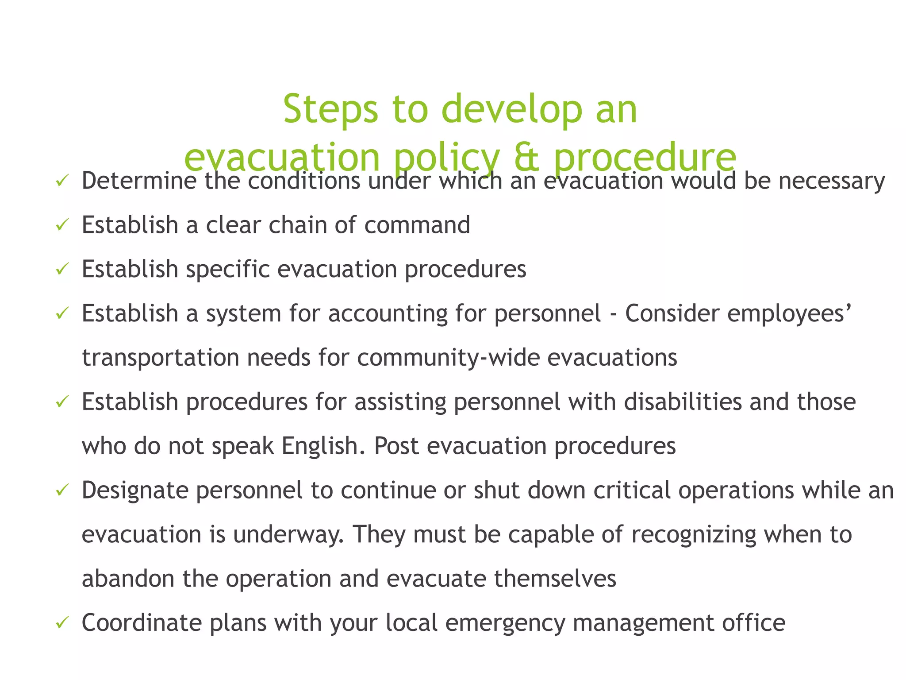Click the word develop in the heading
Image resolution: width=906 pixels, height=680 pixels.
(x=512, y=109)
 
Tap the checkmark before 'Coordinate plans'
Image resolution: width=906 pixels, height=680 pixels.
(x=61, y=623)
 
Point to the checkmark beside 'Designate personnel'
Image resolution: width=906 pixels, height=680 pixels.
(x=61, y=490)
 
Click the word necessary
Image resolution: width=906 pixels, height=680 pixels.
(x=832, y=181)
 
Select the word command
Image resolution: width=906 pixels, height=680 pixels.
(x=417, y=225)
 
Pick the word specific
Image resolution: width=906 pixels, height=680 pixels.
(x=227, y=269)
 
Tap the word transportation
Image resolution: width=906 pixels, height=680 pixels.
(x=161, y=358)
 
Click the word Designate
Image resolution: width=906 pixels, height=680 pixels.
(x=135, y=490)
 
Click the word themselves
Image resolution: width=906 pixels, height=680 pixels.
(x=555, y=579)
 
